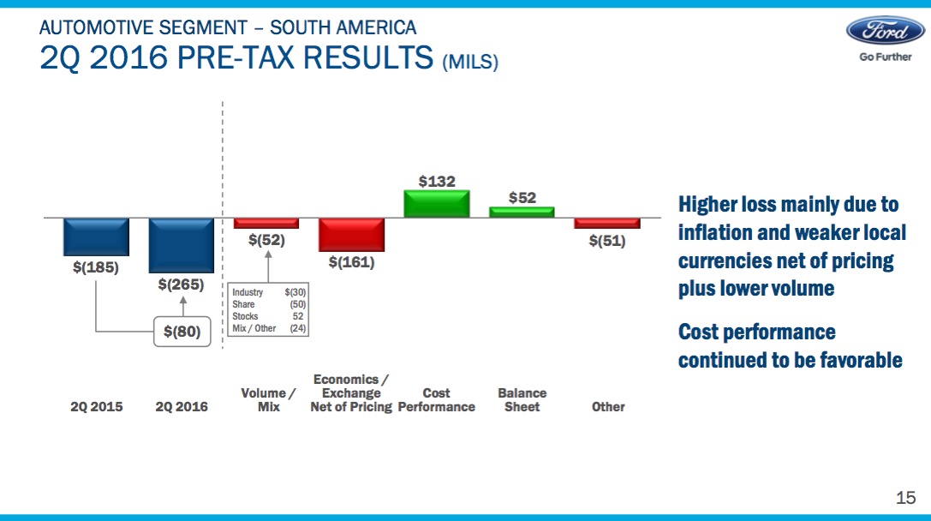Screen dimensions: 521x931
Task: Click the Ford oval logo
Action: click(x=886, y=30)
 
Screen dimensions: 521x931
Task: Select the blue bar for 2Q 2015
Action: click(x=96, y=237)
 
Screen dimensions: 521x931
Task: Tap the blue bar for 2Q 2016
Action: click(x=182, y=245)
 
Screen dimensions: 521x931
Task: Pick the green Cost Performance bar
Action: click(x=437, y=204)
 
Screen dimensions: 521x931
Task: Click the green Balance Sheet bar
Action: click(x=522, y=212)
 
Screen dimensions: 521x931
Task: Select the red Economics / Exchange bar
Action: click(x=351, y=234)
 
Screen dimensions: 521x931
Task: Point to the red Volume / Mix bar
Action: click(x=266, y=223)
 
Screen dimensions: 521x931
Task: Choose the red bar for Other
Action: click(x=607, y=223)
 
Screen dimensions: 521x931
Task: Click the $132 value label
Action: click(x=437, y=181)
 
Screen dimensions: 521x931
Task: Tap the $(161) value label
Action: click(x=351, y=262)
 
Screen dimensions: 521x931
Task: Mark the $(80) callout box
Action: click(x=182, y=331)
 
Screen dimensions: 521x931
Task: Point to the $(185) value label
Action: click(x=96, y=266)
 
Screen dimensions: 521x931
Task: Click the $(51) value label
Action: click(x=607, y=241)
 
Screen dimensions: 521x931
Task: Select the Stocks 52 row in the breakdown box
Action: click(x=268, y=316)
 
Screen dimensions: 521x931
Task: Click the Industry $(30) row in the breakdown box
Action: click(x=268, y=293)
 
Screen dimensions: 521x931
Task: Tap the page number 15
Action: click(x=905, y=498)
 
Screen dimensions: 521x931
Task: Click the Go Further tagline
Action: click(x=886, y=57)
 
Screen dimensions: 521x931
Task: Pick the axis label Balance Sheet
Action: click(x=522, y=400)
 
